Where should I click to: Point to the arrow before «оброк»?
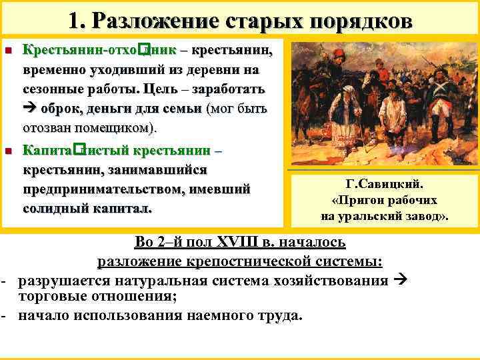(x=31, y=108)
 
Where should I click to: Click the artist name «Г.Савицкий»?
(x=385, y=184)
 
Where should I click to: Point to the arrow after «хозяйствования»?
(x=399, y=280)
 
